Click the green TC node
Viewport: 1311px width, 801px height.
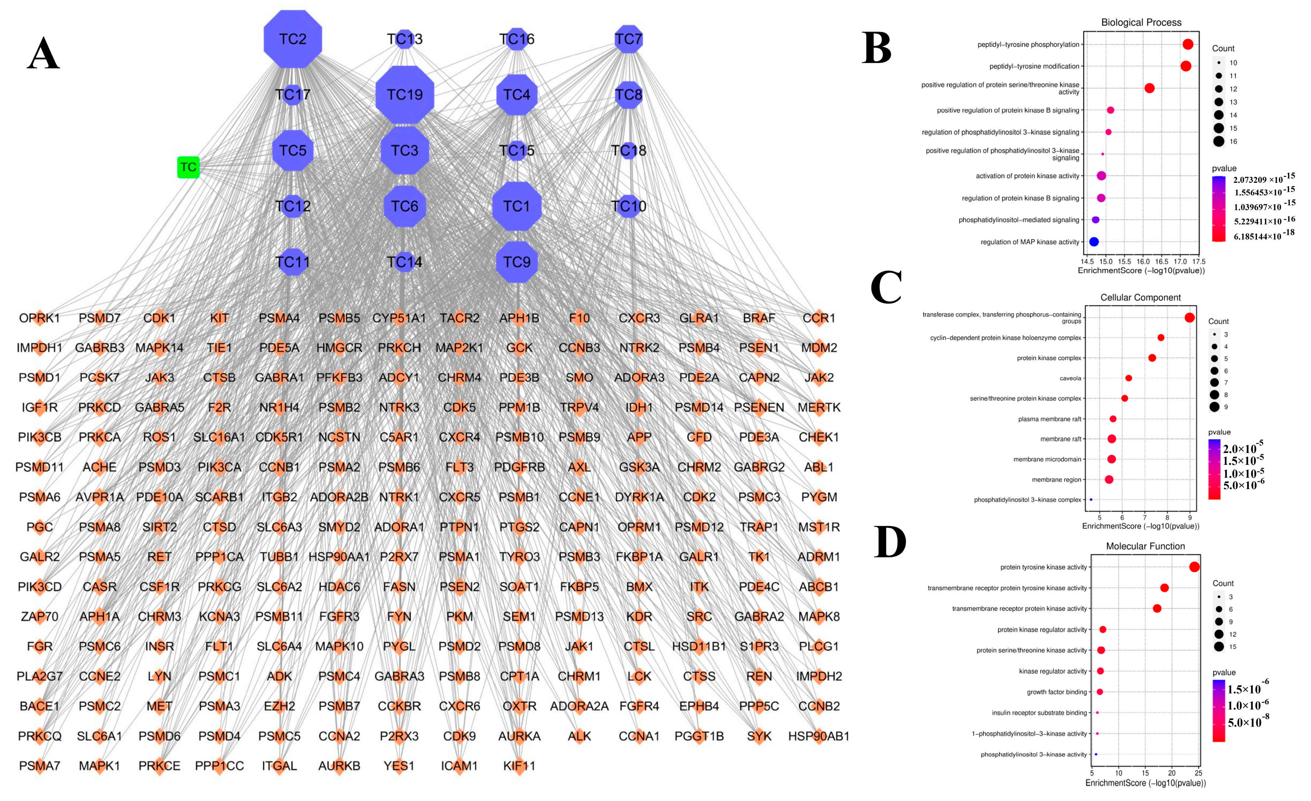[x=188, y=167]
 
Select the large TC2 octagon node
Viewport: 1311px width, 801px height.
[x=293, y=39]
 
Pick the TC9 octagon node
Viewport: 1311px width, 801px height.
[x=517, y=262]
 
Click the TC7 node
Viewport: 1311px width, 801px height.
[x=628, y=39]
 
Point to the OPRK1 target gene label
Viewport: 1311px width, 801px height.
[x=39, y=318]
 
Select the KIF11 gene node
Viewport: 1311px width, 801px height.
[x=519, y=766]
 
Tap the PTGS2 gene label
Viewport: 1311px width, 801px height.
[x=519, y=527]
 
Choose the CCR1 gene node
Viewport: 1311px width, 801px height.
[x=819, y=318]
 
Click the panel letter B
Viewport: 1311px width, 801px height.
[x=876, y=48]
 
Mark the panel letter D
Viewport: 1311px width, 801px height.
[x=890, y=542]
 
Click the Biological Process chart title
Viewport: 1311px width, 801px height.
[x=1141, y=22]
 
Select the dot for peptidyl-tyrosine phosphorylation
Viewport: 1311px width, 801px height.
[x=1188, y=45]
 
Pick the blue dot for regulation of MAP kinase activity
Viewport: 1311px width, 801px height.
[x=1094, y=242]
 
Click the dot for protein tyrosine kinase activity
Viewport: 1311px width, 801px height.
[x=1194, y=567]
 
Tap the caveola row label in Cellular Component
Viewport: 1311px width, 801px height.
[x=1070, y=379]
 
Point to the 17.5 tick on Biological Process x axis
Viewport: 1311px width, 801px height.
[x=1199, y=262]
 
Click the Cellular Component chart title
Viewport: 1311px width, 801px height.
[x=1140, y=297]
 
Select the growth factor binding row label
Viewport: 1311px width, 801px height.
[x=1057, y=692]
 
